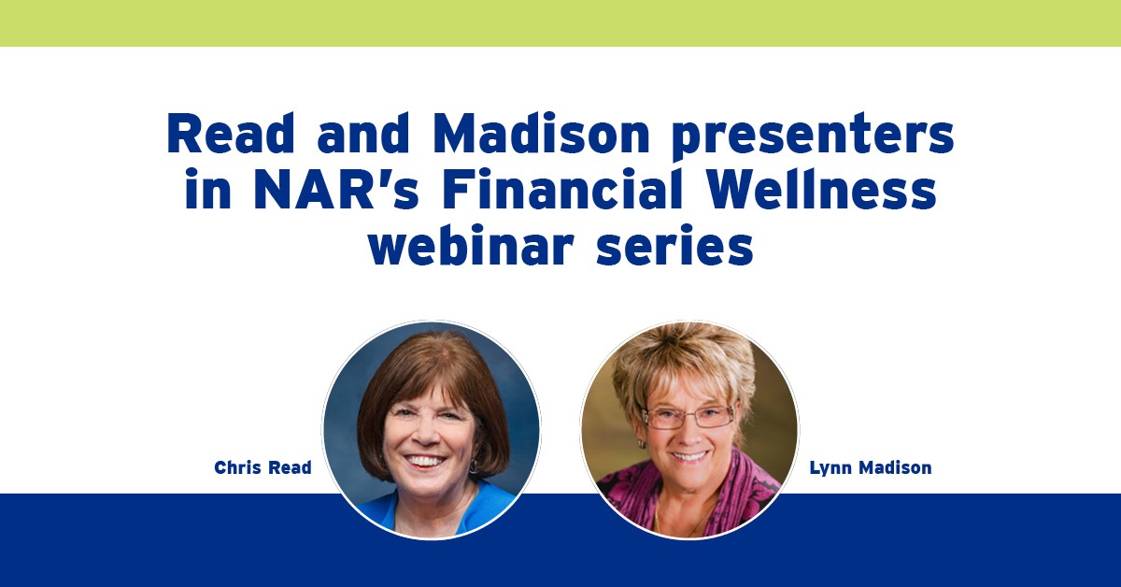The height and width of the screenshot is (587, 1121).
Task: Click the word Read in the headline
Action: (x=231, y=134)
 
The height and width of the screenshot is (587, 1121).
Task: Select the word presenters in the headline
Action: (x=813, y=137)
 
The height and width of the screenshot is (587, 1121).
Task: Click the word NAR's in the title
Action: (x=336, y=190)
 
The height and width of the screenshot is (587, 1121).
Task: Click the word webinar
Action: (x=471, y=244)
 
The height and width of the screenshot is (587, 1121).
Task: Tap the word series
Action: (x=675, y=244)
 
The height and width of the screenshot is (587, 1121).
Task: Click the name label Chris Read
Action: (x=263, y=467)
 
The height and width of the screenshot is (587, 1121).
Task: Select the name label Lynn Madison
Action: (x=871, y=468)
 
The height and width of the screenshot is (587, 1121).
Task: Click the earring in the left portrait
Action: (x=473, y=466)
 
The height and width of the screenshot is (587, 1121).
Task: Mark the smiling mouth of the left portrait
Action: (x=424, y=461)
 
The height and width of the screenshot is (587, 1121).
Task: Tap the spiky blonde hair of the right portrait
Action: (x=686, y=365)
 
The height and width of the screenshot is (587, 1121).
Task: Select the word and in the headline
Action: (x=363, y=134)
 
